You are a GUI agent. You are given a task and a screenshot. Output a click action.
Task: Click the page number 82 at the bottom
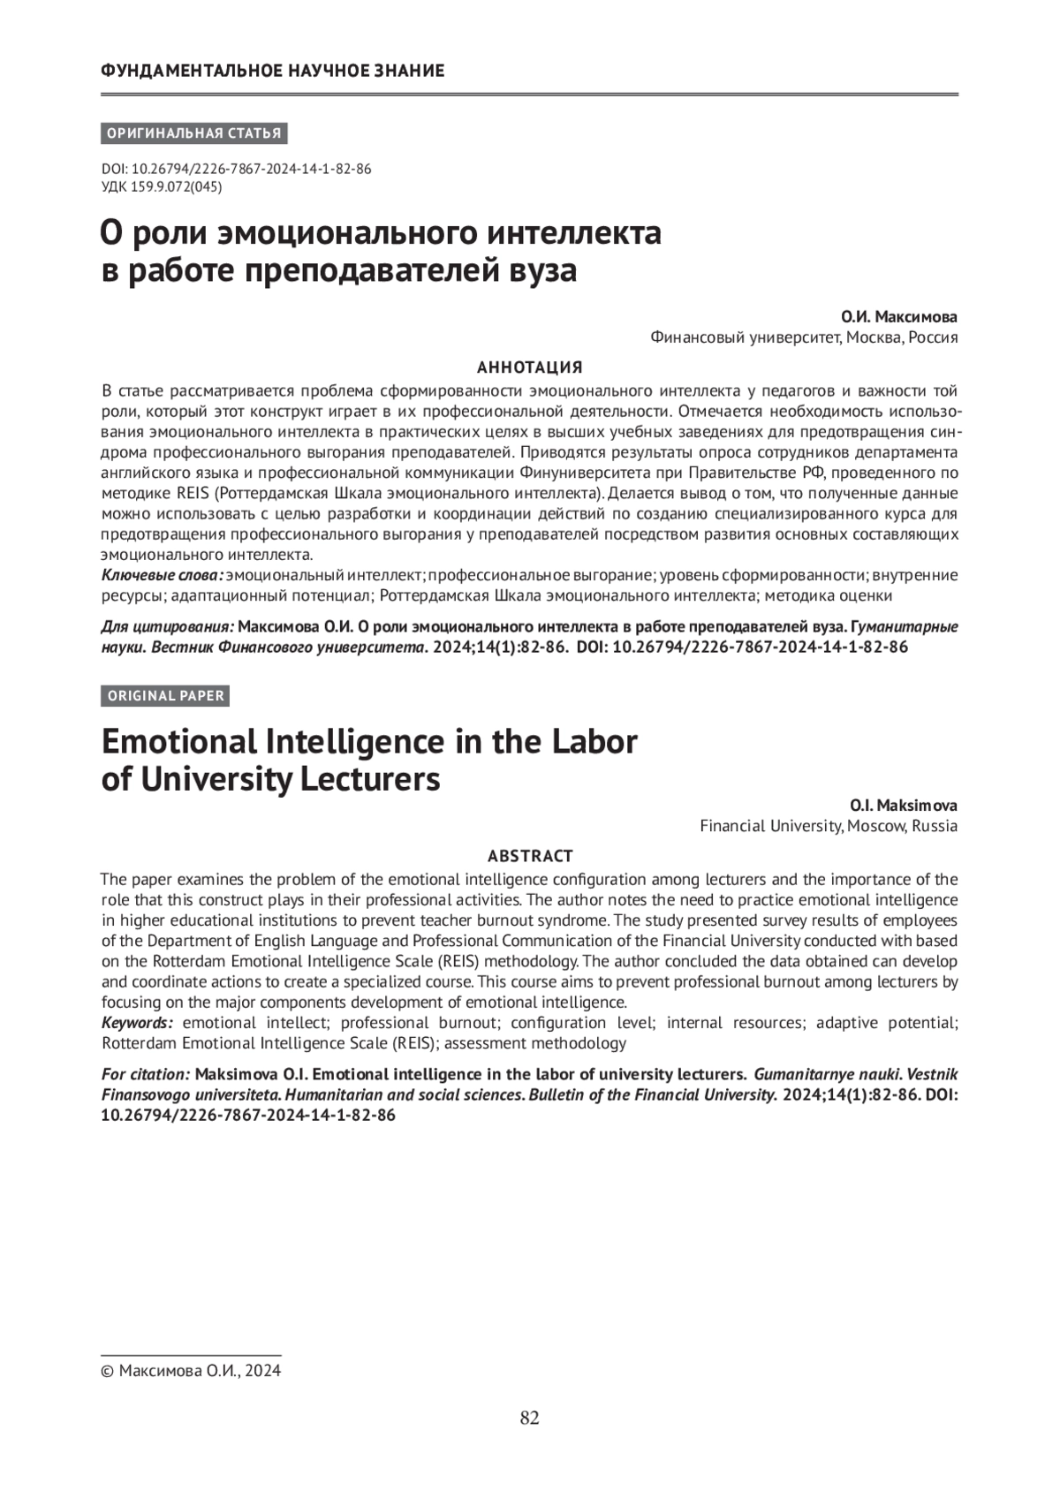[x=529, y=1418]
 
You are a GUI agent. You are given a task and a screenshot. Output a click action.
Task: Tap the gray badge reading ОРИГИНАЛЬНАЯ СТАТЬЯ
[x=194, y=134]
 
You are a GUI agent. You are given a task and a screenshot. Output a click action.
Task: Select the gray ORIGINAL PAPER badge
[x=166, y=696]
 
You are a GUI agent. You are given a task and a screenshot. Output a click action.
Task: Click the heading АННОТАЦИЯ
[x=529, y=367]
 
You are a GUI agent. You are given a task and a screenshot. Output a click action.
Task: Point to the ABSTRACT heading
[x=530, y=856]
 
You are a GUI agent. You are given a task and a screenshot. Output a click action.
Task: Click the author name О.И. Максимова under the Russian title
[x=898, y=317]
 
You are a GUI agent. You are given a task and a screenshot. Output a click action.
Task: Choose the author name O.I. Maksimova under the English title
[x=903, y=806]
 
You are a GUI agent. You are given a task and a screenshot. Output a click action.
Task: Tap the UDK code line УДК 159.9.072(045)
[x=162, y=186]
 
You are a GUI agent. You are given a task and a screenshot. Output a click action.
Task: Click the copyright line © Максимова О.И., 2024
[x=192, y=1371]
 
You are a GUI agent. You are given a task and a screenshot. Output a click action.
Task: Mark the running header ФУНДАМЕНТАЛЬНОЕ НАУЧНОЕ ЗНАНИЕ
[x=273, y=71]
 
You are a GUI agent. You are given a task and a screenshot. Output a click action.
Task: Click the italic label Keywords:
[x=137, y=1023]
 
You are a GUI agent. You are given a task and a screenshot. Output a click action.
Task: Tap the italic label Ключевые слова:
[x=162, y=576]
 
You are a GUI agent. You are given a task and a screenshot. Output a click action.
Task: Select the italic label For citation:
[x=146, y=1074]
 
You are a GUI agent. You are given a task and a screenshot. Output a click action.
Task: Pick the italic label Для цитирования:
[x=168, y=627]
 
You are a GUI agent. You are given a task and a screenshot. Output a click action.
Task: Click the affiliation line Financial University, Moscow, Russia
[x=829, y=827]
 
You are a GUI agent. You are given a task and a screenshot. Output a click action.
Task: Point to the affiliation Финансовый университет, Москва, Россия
[x=804, y=337]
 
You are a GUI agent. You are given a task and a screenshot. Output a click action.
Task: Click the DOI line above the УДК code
[x=237, y=169]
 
